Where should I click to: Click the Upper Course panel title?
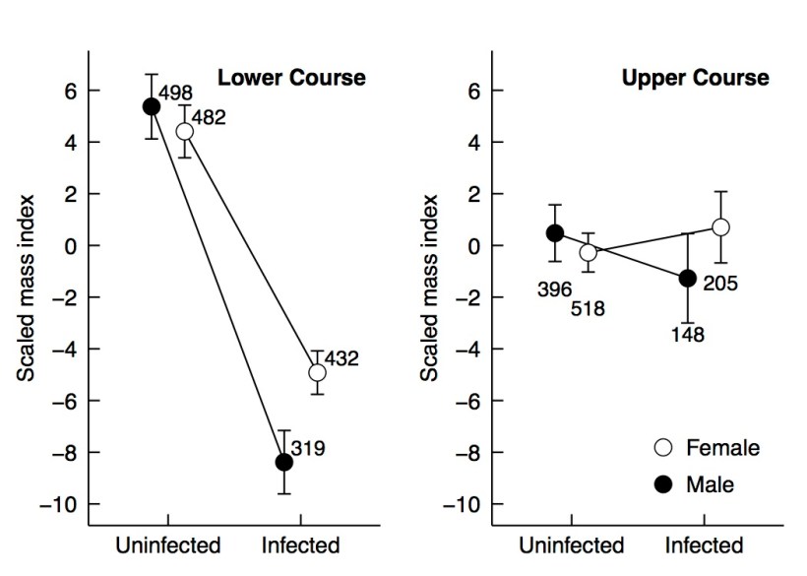[696, 78]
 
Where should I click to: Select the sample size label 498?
[177, 95]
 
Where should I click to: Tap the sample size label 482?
[208, 118]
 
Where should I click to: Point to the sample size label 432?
[341, 359]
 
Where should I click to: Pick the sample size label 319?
[307, 449]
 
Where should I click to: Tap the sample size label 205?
[719, 286]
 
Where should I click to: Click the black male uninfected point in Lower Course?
[152, 106]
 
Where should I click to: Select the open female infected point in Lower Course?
[317, 372]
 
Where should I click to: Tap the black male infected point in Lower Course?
[284, 462]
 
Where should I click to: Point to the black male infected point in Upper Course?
[687, 278]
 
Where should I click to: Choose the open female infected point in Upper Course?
[720, 227]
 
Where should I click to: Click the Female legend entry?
[709, 448]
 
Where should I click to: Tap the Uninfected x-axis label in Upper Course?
[573, 545]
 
